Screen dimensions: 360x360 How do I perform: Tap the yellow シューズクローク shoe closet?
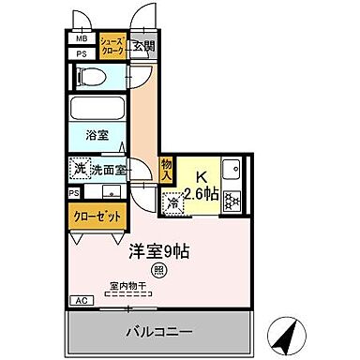[112, 47]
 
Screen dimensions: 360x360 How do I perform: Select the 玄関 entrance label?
[142, 46]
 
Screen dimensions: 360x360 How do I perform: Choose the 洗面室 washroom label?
[109, 171]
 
